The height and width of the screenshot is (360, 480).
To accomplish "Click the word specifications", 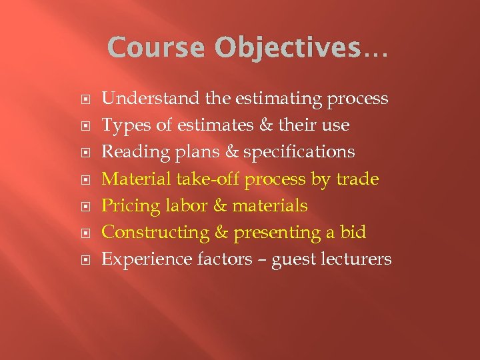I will click(x=299, y=152).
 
